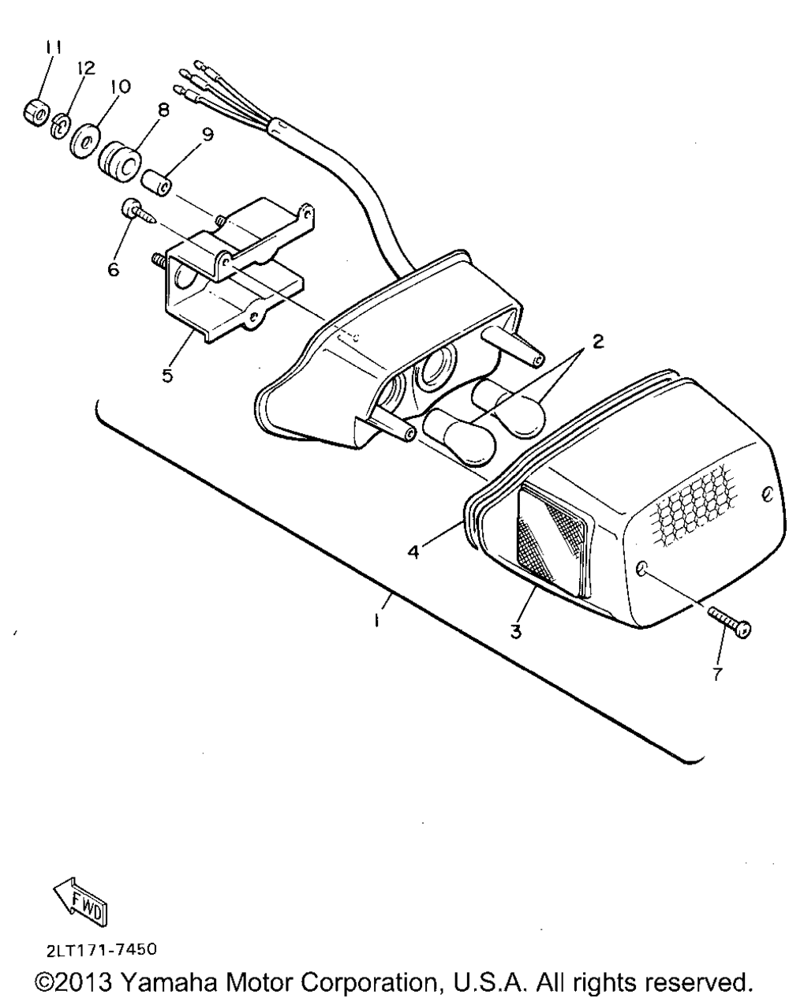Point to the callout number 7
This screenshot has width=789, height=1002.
click(x=716, y=675)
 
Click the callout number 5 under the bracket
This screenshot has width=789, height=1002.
click(x=167, y=375)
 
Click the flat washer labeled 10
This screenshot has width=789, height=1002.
click(x=83, y=142)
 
